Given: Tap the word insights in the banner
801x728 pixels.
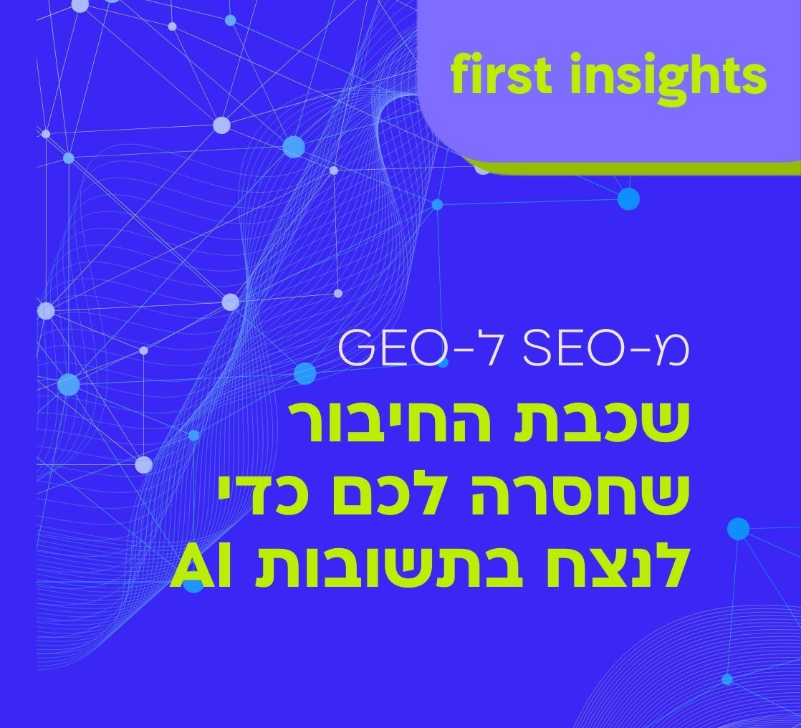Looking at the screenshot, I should (668, 75).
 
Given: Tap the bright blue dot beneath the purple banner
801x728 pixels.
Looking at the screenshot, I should (628, 198).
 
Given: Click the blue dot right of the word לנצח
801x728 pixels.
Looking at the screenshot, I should (738, 529).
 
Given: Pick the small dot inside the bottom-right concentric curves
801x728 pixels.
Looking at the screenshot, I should (727, 679).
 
